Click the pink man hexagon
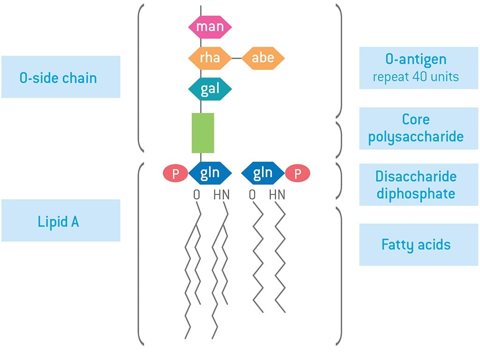[210, 27]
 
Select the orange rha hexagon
[210, 58]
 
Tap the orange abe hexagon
[263, 58]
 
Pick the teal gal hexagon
[210, 89]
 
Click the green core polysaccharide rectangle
[203, 133]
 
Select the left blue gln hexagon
[210, 173]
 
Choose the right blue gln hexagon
[262, 173]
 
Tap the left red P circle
[176, 174]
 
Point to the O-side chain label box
[60, 77]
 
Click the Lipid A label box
[60, 221]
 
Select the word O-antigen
[415, 60]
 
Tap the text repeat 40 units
[415, 76]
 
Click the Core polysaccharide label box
[415, 128]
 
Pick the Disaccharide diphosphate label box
[415, 185]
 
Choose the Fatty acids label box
[415, 245]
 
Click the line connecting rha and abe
[237, 59]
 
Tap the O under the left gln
[196, 194]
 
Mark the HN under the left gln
[221, 194]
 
